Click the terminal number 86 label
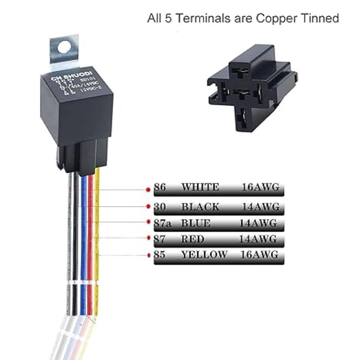point(160,187)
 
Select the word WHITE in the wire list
point(200,187)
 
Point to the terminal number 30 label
point(160,207)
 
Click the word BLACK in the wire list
point(200,207)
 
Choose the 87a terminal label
point(162,223)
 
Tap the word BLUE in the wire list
point(196,223)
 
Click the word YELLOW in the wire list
point(204,255)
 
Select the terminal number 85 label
point(160,255)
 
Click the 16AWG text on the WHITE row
point(260,187)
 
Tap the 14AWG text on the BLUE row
point(258,223)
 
